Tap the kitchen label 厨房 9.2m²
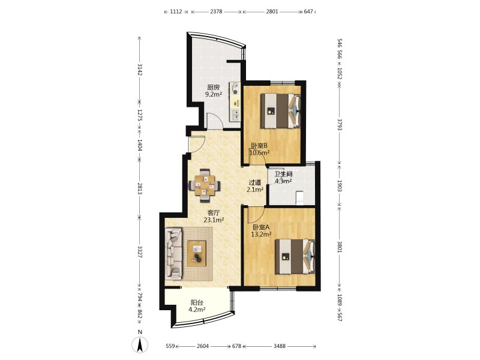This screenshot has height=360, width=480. coord(214,91)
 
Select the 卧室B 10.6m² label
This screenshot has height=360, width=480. coord(260,149)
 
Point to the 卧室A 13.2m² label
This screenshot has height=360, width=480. coord(262,231)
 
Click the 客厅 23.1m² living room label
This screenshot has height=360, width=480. coord(214,216)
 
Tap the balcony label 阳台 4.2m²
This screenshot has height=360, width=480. coord(197,306)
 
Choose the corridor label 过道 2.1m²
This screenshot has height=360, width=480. coord(255,186)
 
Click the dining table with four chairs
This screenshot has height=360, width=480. coord(205,185)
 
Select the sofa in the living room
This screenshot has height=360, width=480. coord(173,253)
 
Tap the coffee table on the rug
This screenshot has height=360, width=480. coord(197,253)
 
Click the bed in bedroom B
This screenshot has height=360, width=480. coord(280,110)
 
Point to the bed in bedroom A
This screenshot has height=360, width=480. coord(295,257)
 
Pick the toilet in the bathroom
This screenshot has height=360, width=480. coord(299,198)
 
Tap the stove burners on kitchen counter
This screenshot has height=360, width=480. coord(235,88)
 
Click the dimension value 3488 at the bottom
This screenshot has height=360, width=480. coord(280,346)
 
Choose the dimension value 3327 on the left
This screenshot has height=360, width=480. coord(140,251)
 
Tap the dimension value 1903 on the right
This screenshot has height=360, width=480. coord(340,186)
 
